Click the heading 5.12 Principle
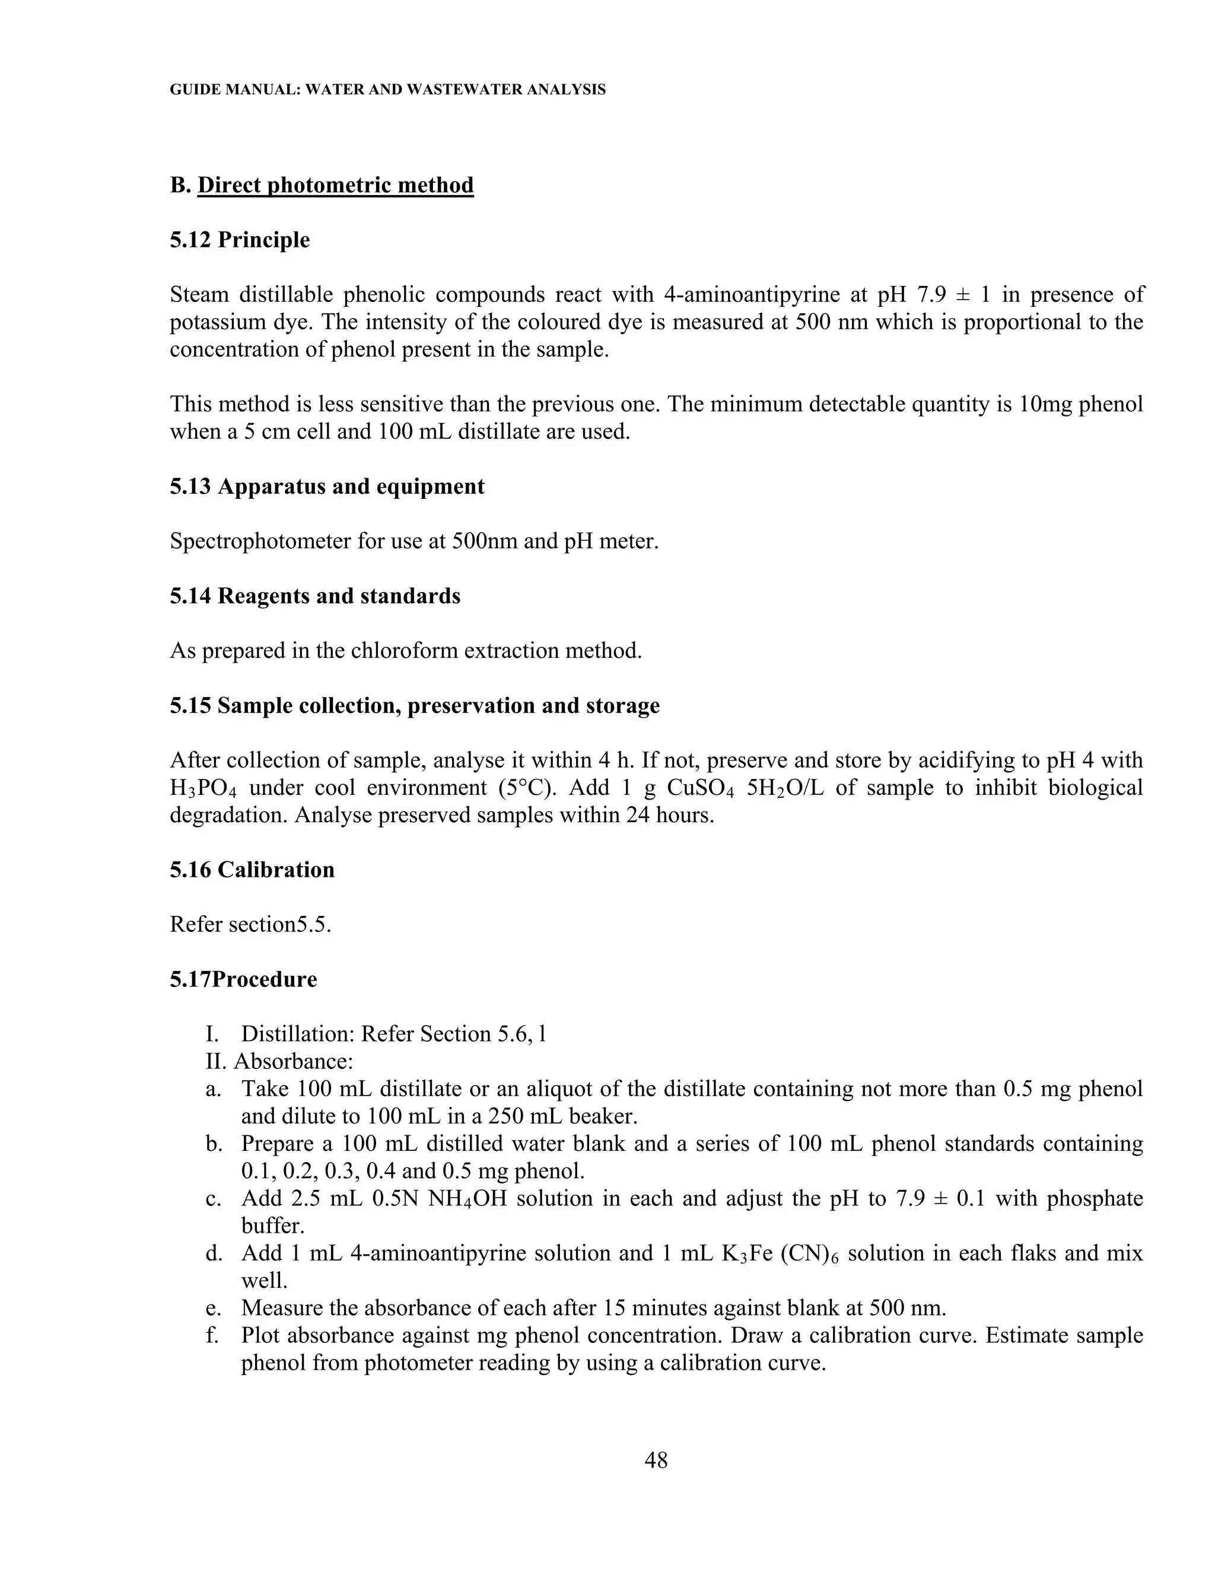coord(240,240)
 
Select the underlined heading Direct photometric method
coord(335,185)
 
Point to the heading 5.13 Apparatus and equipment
coord(327,486)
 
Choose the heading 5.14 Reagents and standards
coord(314,596)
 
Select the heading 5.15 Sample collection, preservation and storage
coord(415,705)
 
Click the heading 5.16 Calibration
coord(252,870)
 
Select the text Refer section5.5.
coord(250,924)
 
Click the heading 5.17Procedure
coord(243,979)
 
